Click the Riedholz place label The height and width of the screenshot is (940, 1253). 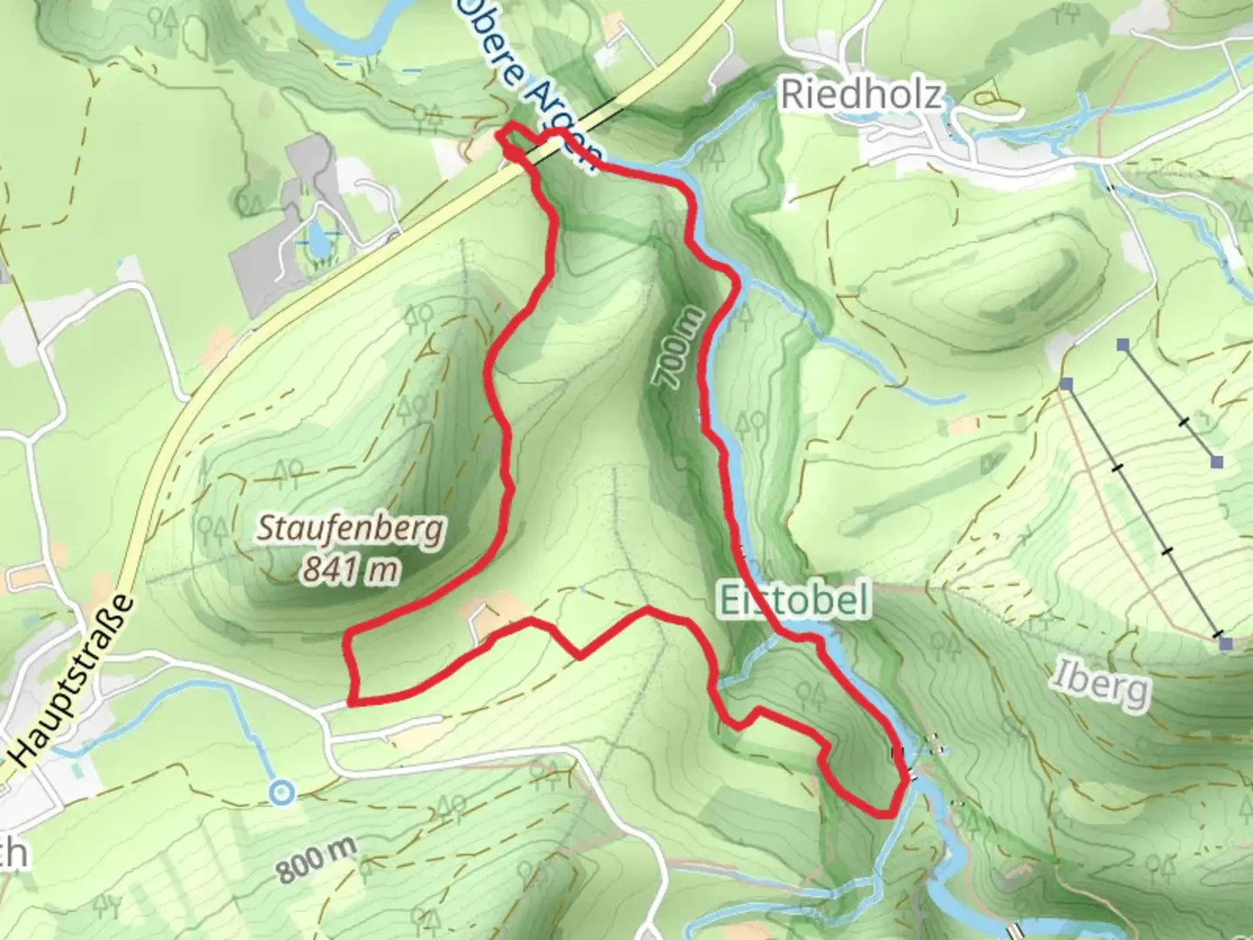click(x=861, y=94)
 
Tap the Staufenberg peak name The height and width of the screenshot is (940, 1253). click(x=351, y=528)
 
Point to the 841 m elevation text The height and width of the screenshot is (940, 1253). click(x=351, y=569)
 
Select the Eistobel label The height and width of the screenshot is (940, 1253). click(x=794, y=601)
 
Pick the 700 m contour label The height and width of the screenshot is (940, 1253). click(x=677, y=349)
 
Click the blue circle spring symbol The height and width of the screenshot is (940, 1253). click(x=281, y=793)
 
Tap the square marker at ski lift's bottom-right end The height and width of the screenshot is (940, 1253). click(x=1226, y=643)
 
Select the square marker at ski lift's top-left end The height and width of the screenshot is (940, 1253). click(x=1067, y=383)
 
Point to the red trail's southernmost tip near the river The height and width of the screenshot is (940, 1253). click(x=886, y=815)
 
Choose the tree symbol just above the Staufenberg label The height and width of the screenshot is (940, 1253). click(x=289, y=471)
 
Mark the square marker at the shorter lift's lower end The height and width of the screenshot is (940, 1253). click(x=1216, y=461)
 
